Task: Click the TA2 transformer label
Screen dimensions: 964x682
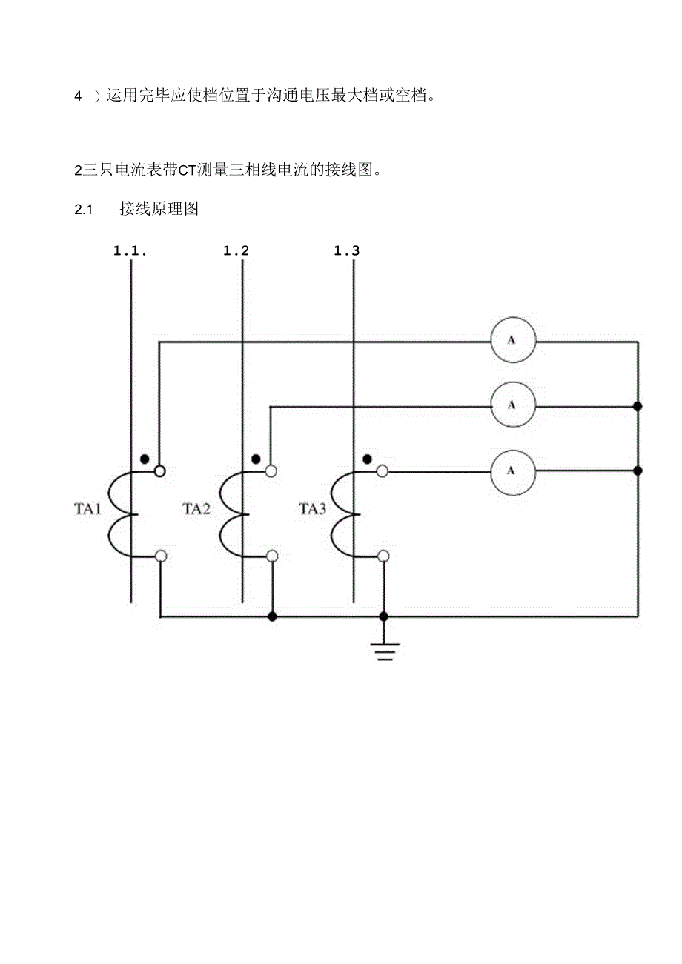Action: tap(196, 509)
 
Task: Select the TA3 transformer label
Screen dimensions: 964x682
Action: tap(312, 509)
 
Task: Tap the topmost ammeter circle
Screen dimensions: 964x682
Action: tap(512, 341)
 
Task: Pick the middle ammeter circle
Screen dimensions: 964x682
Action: tap(512, 405)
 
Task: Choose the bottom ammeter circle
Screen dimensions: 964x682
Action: tap(512, 470)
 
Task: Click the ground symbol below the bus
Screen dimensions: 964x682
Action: tap(384, 651)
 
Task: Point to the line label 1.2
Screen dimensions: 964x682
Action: tap(236, 250)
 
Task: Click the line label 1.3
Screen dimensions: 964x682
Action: tap(346, 250)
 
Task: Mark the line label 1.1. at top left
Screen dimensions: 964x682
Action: tap(130, 250)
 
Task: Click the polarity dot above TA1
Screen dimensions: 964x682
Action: tap(145, 458)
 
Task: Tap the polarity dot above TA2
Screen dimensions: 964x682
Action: tap(256, 458)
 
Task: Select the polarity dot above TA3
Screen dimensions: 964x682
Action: tap(367, 458)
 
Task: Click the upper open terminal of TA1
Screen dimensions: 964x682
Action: tap(160, 471)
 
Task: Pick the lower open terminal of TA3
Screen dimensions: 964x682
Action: tap(383, 556)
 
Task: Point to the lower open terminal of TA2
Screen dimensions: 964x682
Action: tap(272, 556)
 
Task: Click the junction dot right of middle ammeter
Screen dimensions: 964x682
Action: tap(638, 406)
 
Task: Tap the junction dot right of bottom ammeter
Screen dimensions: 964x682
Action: tap(638, 471)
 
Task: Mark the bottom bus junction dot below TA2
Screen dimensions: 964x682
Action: tap(272, 616)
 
